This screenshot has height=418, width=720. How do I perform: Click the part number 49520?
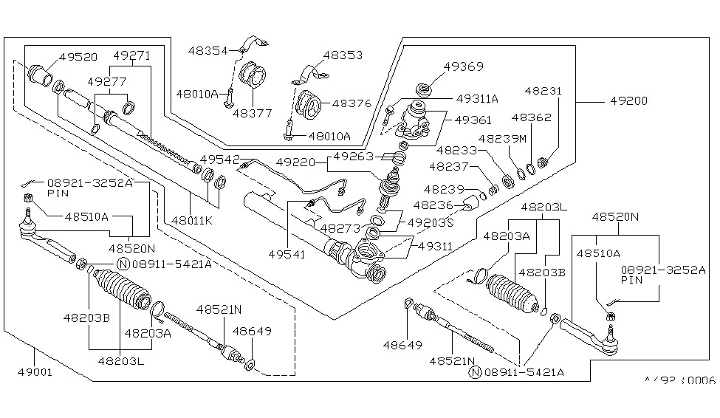click(78, 56)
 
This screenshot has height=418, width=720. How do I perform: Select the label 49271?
click(131, 55)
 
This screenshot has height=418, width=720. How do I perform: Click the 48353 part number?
click(343, 55)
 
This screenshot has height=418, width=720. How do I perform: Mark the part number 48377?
click(252, 113)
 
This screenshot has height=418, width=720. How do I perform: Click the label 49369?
click(464, 66)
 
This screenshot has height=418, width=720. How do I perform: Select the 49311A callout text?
click(477, 97)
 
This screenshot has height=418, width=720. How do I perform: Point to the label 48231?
click(544, 92)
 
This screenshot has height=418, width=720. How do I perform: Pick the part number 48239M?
click(502, 138)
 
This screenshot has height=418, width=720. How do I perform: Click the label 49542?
click(219, 160)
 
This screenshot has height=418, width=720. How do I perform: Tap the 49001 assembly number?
click(35, 371)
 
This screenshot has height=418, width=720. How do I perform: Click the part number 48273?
click(340, 229)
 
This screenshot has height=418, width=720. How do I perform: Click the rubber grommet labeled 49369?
click(425, 91)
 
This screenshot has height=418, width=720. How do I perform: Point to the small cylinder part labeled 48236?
click(467, 204)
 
